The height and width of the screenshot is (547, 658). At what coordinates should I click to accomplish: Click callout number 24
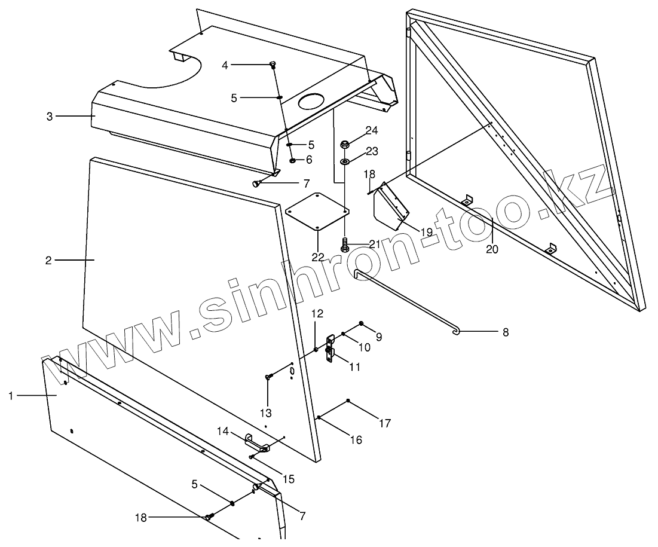pyautogui.click(x=372, y=130)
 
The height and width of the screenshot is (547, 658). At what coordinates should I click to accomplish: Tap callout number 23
pyautogui.click(x=372, y=152)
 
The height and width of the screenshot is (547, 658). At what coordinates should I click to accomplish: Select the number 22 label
pyautogui.click(x=317, y=257)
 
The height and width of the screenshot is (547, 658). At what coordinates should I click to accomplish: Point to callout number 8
pyautogui.click(x=506, y=332)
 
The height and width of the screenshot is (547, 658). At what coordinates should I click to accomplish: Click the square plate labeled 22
pyautogui.click(x=317, y=210)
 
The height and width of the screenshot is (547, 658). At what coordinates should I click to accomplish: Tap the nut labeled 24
pyautogui.click(x=345, y=144)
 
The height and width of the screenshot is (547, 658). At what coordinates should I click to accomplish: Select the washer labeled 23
pyautogui.click(x=345, y=162)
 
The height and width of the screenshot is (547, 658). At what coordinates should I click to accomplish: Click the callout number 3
pyautogui.click(x=50, y=116)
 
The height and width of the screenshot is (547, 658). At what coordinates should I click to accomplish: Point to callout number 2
pyautogui.click(x=48, y=260)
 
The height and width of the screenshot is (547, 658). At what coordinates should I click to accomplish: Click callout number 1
pyautogui.click(x=11, y=395)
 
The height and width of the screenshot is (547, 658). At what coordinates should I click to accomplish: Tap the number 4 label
pyautogui.click(x=225, y=65)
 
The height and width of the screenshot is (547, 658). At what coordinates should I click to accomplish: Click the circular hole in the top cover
pyautogui.click(x=313, y=102)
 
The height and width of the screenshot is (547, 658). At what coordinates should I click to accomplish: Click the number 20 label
pyautogui.click(x=492, y=250)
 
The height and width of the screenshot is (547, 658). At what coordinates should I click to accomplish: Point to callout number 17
pyautogui.click(x=385, y=423)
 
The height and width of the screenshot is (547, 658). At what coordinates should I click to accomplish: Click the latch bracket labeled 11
pyautogui.click(x=330, y=349)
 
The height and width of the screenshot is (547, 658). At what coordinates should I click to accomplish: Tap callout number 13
pyautogui.click(x=266, y=412)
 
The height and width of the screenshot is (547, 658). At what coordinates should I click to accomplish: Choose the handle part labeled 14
pyautogui.click(x=257, y=444)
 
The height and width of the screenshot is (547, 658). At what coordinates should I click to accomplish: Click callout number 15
pyautogui.click(x=289, y=479)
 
